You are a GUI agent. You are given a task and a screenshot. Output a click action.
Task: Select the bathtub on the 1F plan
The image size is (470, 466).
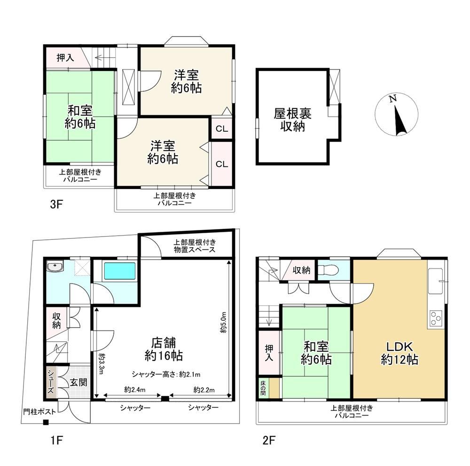click(120, 271)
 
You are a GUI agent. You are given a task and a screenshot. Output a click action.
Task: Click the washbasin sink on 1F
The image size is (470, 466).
click(55, 266)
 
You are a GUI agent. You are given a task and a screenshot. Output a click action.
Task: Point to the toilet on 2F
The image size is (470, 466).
click(328, 270)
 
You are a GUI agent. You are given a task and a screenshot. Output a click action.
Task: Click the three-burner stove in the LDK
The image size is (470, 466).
click(436, 318)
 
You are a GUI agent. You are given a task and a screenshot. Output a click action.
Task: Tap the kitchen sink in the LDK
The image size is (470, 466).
click(436, 281)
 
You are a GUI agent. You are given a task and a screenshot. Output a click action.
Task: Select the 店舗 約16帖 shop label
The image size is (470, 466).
click(164, 349)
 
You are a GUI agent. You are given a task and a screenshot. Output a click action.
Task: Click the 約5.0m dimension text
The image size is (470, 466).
click(223, 323)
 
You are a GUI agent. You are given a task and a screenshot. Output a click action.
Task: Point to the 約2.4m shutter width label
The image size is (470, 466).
click(135, 390)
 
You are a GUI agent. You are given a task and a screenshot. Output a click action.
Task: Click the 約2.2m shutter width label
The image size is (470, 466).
click(204, 390)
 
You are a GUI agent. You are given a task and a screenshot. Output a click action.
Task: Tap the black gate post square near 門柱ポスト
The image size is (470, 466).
click(46, 423)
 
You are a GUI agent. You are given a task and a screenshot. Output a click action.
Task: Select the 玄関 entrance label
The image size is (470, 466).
click(78, 382)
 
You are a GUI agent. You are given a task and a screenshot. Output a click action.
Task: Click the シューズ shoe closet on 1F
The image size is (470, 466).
click(50, 382)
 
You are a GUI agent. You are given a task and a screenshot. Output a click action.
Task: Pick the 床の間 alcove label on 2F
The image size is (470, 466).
click(263, 388)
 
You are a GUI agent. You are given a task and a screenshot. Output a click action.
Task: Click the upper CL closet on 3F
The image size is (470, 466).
click(222, 129)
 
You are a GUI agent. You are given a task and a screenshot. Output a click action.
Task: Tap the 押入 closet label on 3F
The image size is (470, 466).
click(65, 57)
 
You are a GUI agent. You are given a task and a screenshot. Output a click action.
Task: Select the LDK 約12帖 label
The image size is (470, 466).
click(399, 353)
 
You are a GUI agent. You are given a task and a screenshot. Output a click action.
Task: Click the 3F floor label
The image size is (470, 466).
click(56, 205)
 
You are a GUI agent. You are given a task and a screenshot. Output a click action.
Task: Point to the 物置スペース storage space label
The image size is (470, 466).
click(195, 250)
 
